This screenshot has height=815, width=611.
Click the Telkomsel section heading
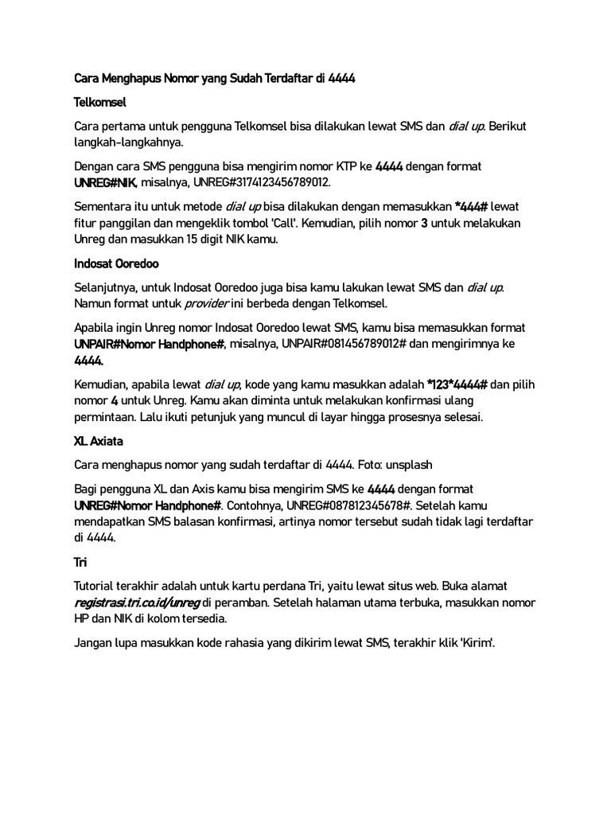100,103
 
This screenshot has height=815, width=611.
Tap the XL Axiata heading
99,440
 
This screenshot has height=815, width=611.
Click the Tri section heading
80,562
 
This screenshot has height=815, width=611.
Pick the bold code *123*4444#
457,385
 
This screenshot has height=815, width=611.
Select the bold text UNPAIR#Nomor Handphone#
150,344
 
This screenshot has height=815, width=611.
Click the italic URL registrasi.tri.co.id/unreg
137,602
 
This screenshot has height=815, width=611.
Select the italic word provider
207,303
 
